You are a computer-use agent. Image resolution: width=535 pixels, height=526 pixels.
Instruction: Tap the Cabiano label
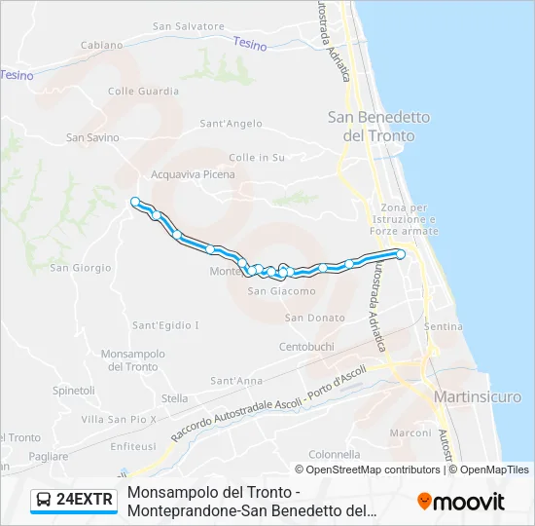coord(102,45)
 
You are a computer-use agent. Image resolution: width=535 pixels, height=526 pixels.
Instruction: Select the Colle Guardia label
coord(143,92)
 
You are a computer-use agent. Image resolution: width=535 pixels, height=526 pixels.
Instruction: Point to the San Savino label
coord(92,137)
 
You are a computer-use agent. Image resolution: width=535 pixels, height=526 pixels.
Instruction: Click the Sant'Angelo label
coord(231,124)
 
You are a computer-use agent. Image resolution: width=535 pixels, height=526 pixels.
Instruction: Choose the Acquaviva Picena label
coord(193,175)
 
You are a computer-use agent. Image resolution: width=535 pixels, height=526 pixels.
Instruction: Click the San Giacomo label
coord(281,291)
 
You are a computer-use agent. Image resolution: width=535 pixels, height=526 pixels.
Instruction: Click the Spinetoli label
coord(74,391)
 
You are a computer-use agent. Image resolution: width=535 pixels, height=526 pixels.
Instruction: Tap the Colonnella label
coord(335,454)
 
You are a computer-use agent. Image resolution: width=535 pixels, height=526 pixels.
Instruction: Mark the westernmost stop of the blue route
coord(135,202)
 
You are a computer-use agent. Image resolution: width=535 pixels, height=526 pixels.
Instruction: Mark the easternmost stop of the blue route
coord(400,254)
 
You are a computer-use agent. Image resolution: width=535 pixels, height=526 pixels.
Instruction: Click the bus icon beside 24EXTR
coord(44,501)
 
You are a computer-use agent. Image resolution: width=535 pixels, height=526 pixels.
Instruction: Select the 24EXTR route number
coord(86,501)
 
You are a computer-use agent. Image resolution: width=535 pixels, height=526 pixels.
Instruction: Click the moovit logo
coord(461,502)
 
